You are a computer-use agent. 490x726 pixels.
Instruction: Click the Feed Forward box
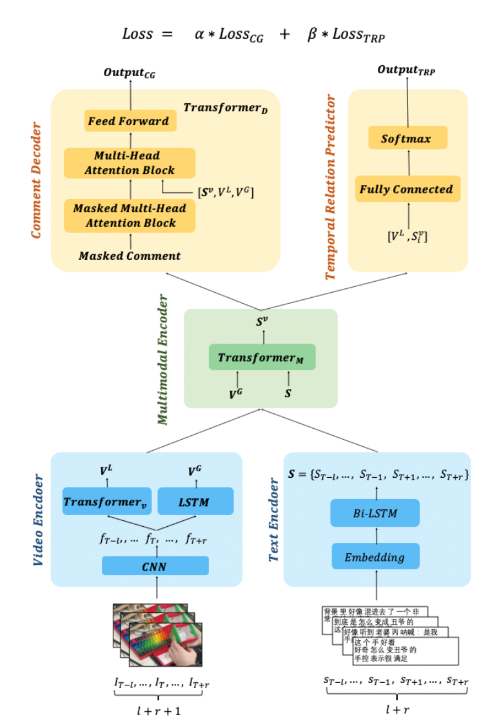tap(130, 121)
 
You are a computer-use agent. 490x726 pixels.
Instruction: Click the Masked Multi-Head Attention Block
tap(130, 216)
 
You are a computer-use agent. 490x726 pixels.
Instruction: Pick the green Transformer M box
tap(262, 357)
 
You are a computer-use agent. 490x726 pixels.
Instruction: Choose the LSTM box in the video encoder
tap(194, 502)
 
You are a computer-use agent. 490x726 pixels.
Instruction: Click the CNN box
tap(155, 565)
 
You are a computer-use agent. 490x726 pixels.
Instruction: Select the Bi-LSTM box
tap(375, 513)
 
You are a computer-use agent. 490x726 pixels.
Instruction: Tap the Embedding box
tap(375, 556)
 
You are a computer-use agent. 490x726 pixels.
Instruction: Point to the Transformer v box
tap(106, 502)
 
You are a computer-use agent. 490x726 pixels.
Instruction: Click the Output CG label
tap(130, 73)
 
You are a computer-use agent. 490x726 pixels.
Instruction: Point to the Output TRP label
tap(406, 70)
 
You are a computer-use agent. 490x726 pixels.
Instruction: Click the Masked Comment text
tap(130, 256)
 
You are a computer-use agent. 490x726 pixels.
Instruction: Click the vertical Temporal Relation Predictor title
tap(331, 187)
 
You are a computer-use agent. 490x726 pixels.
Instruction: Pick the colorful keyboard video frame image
tap(158, 634)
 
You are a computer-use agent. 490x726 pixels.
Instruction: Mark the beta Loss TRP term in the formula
tap(346, 35)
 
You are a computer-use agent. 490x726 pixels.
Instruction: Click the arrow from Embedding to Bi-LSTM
tap(375, 535)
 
